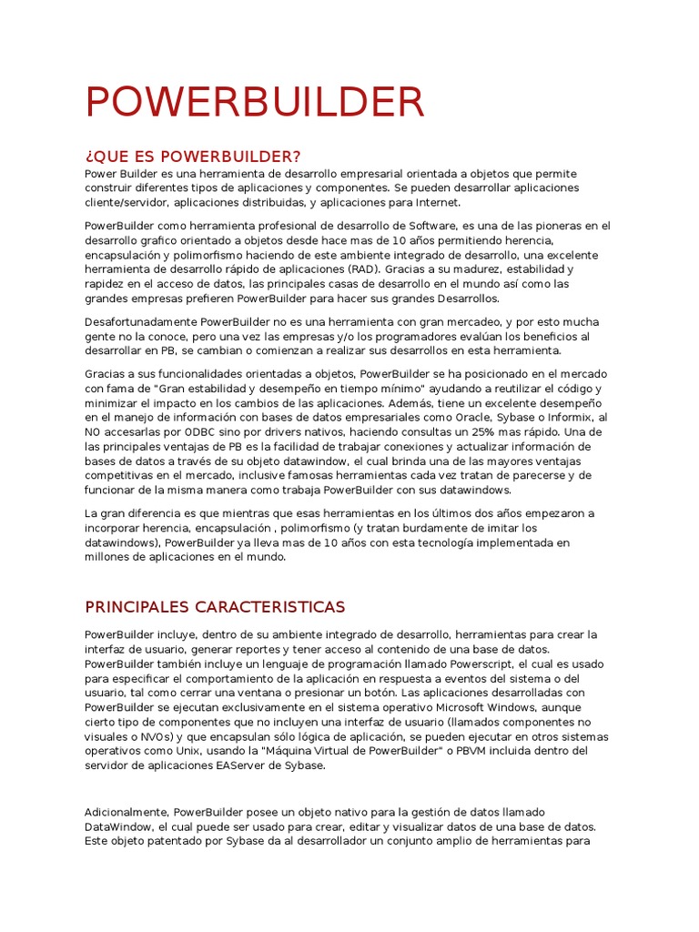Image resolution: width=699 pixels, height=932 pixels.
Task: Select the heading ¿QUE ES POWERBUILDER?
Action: point(192,157)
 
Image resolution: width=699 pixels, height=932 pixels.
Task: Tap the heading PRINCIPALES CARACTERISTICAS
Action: point(215,606)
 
